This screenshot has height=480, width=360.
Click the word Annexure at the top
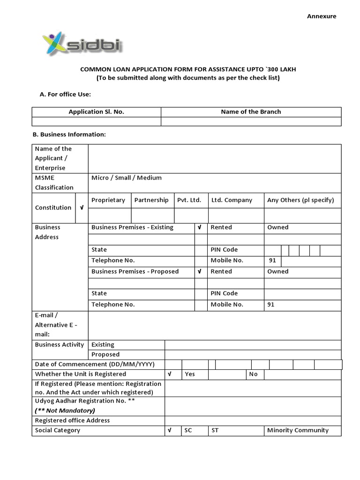[x=322, y=16]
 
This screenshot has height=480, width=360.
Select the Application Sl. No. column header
[x=96, y=112]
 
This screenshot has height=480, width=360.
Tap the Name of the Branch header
[x=251, y=112]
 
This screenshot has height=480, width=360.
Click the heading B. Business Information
[x=69, y=135]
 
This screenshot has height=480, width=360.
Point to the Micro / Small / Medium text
[x=127, y=178]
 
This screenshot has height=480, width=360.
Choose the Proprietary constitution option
[x=108, y=200]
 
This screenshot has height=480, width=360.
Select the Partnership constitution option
[x=151, y=200]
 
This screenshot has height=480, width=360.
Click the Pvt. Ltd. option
[x=189, y=200]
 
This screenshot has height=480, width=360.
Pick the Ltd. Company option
[x=232, y=200]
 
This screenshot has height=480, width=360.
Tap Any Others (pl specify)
[x=300, y=200]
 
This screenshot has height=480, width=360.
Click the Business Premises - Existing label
[x=132, y=227]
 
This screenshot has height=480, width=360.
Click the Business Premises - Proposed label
[x=135, y=271]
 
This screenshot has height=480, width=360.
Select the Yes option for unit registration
[x=190, y=374]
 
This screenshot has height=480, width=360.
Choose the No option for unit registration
[x=254, y=374]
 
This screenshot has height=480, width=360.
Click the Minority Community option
[x=298, y=430]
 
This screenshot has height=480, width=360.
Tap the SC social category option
[x=188, y=430]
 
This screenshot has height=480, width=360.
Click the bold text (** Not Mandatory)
[x=65, y=411]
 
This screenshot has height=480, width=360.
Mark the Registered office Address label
[x=72, y=420]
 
